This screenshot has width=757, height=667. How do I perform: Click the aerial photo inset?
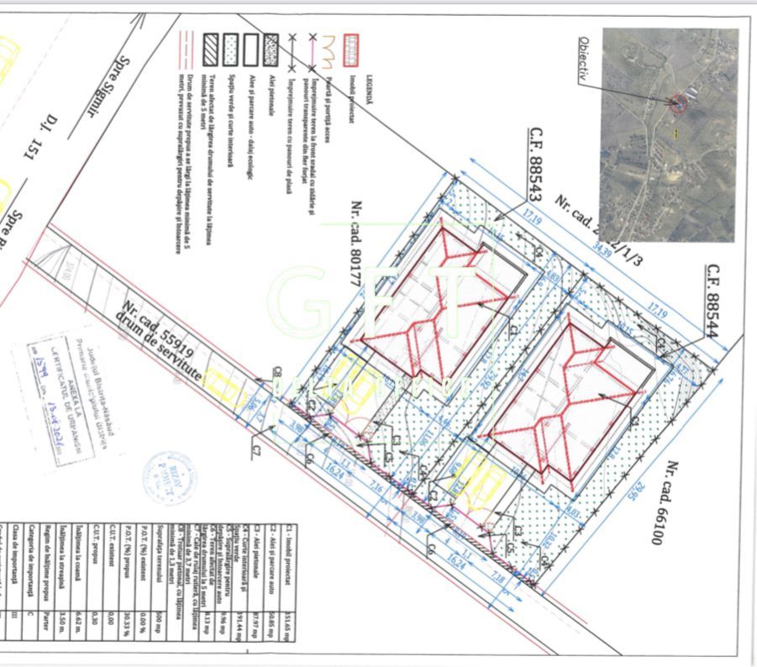[669, 134]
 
